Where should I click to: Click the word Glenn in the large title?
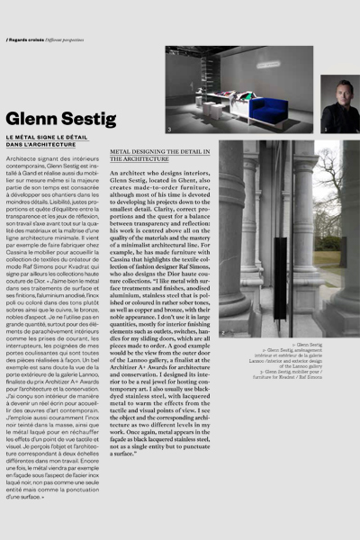click(31, 119)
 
